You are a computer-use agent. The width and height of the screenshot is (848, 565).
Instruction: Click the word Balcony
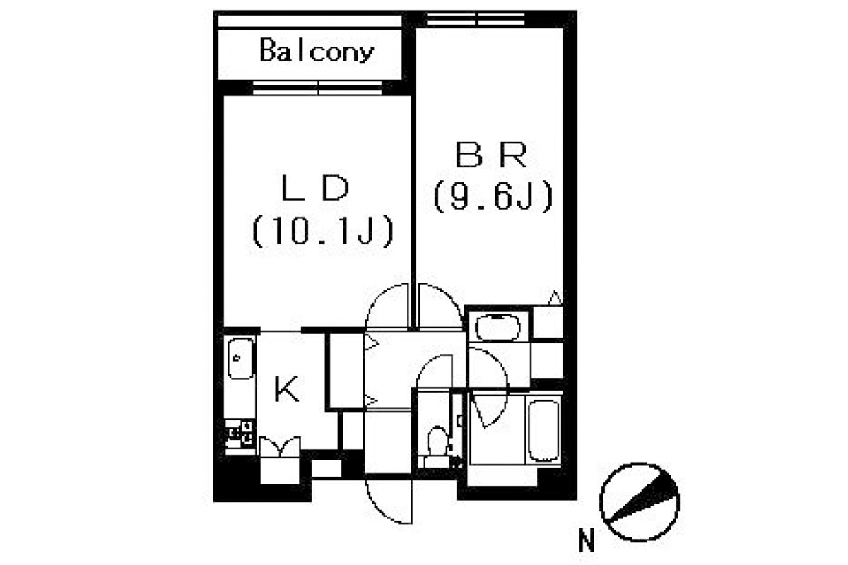tap(316, 52)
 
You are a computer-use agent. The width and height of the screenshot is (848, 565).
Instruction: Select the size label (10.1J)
tap(321, 232)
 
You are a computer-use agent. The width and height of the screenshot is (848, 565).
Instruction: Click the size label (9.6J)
tap(492, 197)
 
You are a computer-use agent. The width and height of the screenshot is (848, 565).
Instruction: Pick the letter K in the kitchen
tap(286, 389)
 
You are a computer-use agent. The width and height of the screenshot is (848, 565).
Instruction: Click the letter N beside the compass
tap(585, 542)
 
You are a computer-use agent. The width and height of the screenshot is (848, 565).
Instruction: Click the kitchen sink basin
tap(241, 359)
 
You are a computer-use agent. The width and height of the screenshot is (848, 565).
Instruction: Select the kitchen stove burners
tap(240, 432)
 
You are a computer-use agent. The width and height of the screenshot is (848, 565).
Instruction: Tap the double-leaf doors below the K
tap(281, 448)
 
